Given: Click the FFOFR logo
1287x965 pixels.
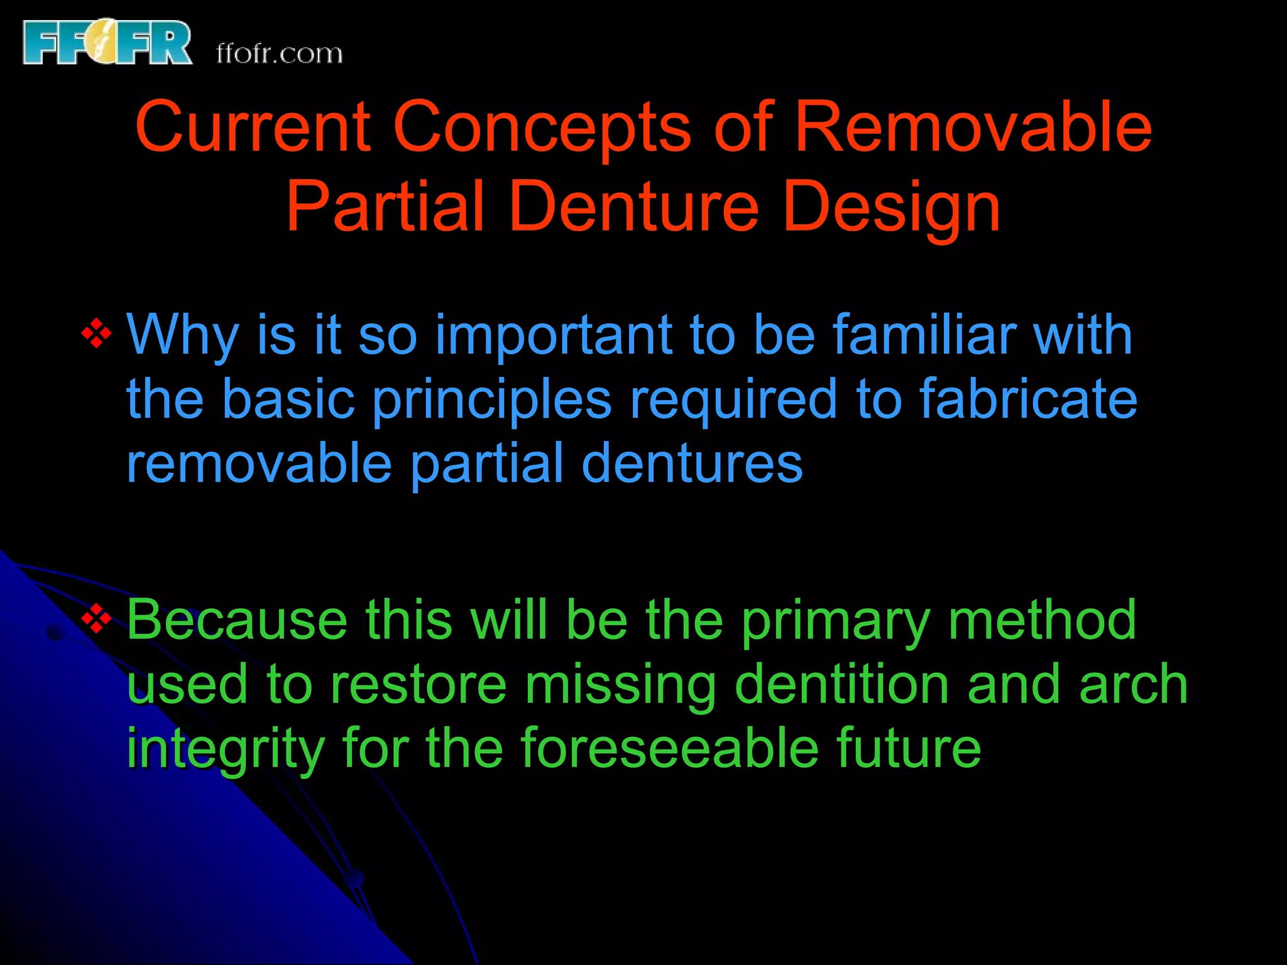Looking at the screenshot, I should click(107, 43).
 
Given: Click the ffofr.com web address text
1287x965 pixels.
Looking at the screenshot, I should click(279, 54).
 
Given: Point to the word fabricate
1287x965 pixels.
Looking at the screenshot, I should click(1028, 399).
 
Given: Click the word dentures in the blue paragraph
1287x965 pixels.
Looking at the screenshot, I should click(692, 463).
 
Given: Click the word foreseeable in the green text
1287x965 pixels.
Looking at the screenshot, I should click(669, 748).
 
